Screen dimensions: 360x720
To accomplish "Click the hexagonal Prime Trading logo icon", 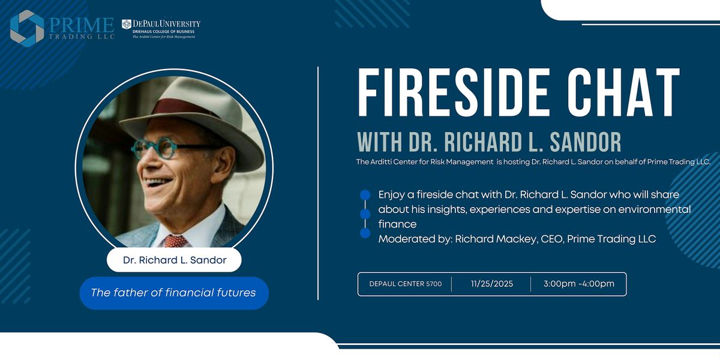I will click(x=27, y=28).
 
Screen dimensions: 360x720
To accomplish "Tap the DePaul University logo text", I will click(x=162, y=24).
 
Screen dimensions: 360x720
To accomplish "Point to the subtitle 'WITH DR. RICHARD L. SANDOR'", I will click(x=489, y=143).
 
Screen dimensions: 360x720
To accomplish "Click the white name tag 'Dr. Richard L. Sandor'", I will click(x=174, y=260).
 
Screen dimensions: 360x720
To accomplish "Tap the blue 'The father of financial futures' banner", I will click(x=173, y=293).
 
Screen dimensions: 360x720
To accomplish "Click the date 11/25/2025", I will click(x=492, y=284).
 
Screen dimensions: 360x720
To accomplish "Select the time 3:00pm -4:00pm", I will click(x=579, y=284).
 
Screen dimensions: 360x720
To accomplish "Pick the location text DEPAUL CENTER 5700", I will click(x=405, y=284).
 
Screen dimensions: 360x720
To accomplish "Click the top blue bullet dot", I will click(x=365, y=194).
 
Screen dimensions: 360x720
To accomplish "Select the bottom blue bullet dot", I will click(x=365, y=233).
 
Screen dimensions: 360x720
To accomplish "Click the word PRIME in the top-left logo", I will click(x=81, y=25).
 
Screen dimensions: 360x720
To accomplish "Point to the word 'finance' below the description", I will click(x=397, y=224).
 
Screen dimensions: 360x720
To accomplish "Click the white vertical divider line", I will click(x=318, y=183).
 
